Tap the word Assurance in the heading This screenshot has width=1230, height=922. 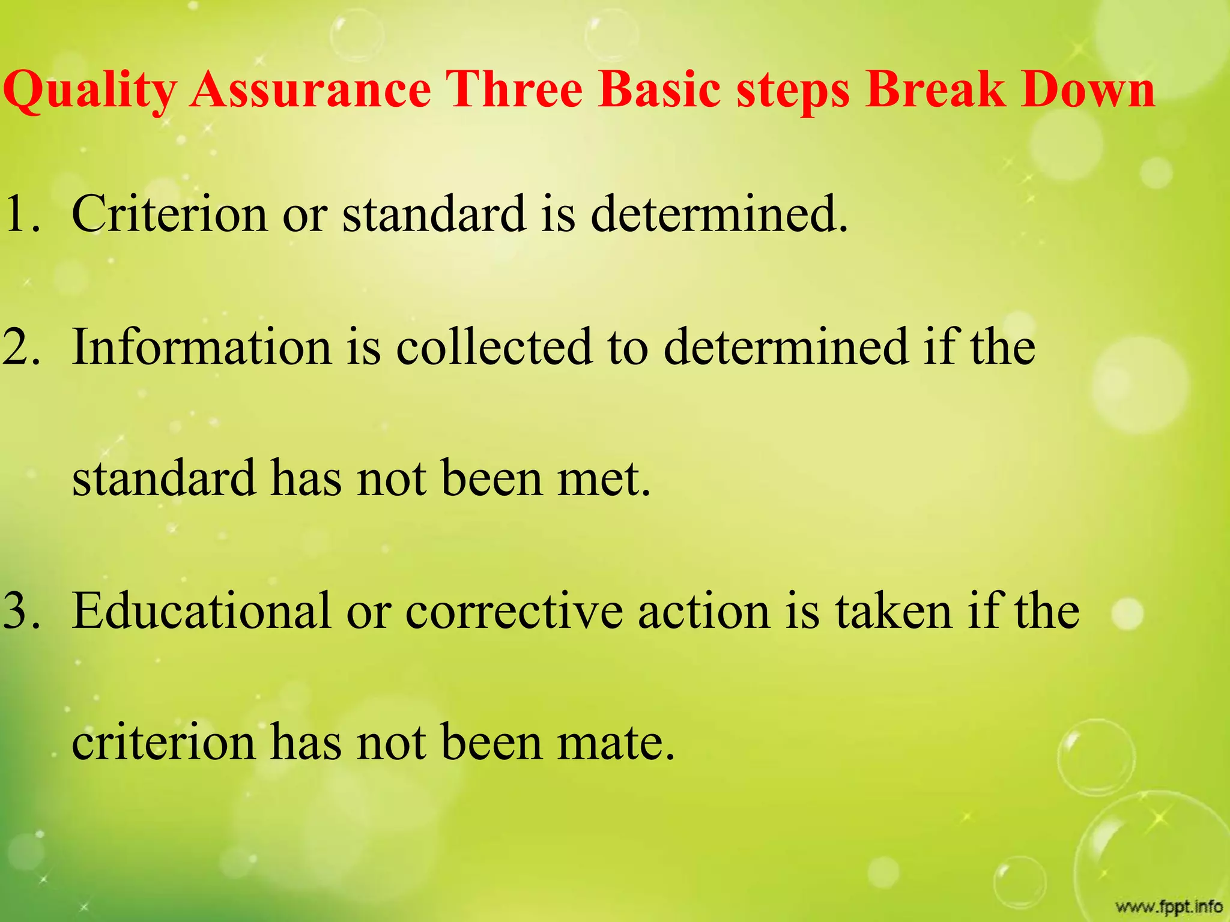click(311, 90)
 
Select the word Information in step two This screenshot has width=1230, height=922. click(202, 347)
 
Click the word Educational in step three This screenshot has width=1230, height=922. click(202, 611)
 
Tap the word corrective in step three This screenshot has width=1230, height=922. click(514, 611)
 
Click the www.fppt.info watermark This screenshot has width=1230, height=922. click(1169, 906)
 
